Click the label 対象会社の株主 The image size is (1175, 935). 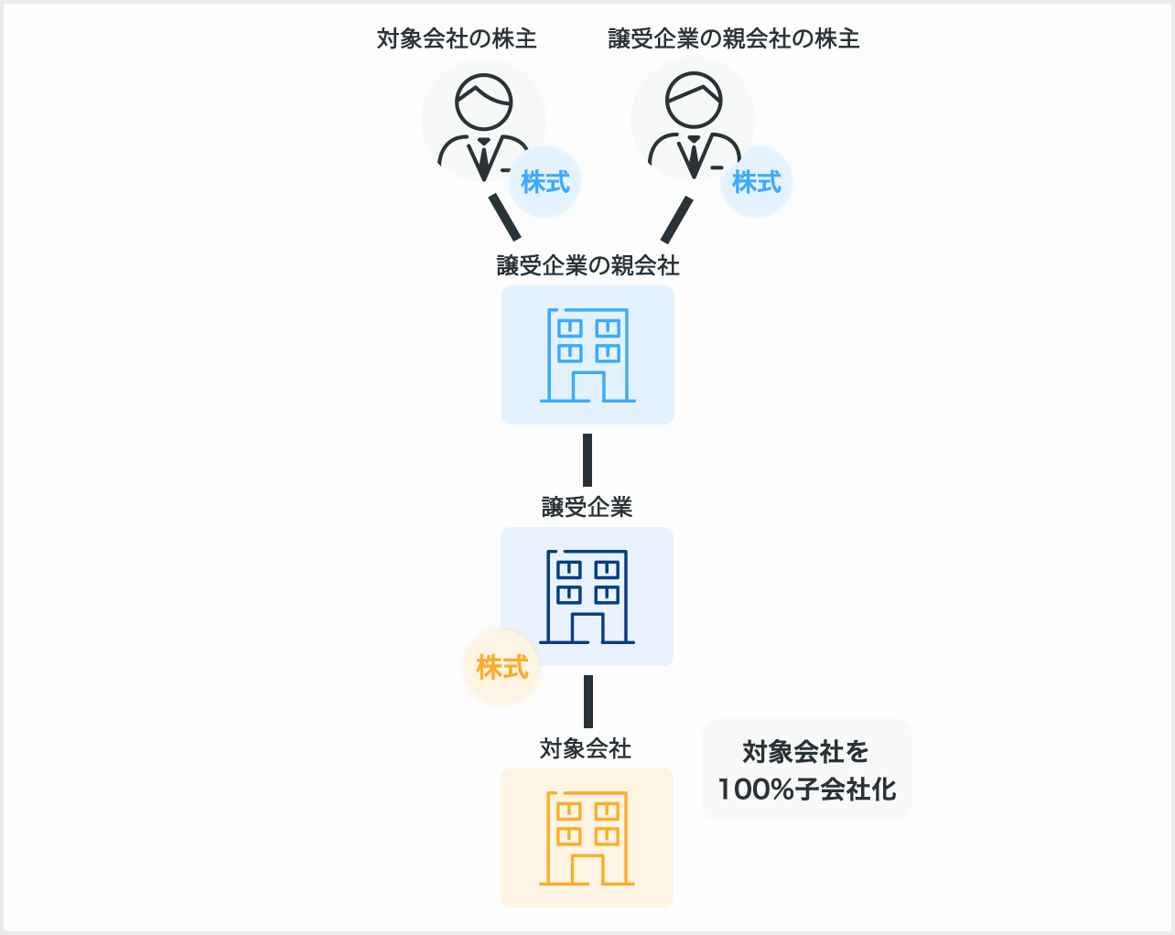tap(457, 38)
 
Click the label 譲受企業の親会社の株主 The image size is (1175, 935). tap(733, 38)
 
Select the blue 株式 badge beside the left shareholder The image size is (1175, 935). tap(545, 182)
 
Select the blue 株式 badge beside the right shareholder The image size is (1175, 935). tap(757, 182)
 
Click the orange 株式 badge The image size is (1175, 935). tap(502, 668)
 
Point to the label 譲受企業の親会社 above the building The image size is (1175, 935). tap(587, 265)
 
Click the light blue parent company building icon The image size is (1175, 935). tap(587, 355)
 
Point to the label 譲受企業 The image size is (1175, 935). tap(587, 507)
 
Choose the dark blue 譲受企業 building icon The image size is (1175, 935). tap(587, 596)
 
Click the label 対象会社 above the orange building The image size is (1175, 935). tap(586, 748)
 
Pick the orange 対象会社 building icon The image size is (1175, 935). tap(587, 838)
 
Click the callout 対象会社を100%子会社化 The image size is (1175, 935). tap(807, 770)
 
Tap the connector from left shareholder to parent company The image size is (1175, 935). tap(504, 217)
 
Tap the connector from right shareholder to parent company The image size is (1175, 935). tap(677, 219)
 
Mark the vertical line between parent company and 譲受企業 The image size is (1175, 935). tap(587, 460)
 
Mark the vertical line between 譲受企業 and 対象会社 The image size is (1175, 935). tap(588, 702)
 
